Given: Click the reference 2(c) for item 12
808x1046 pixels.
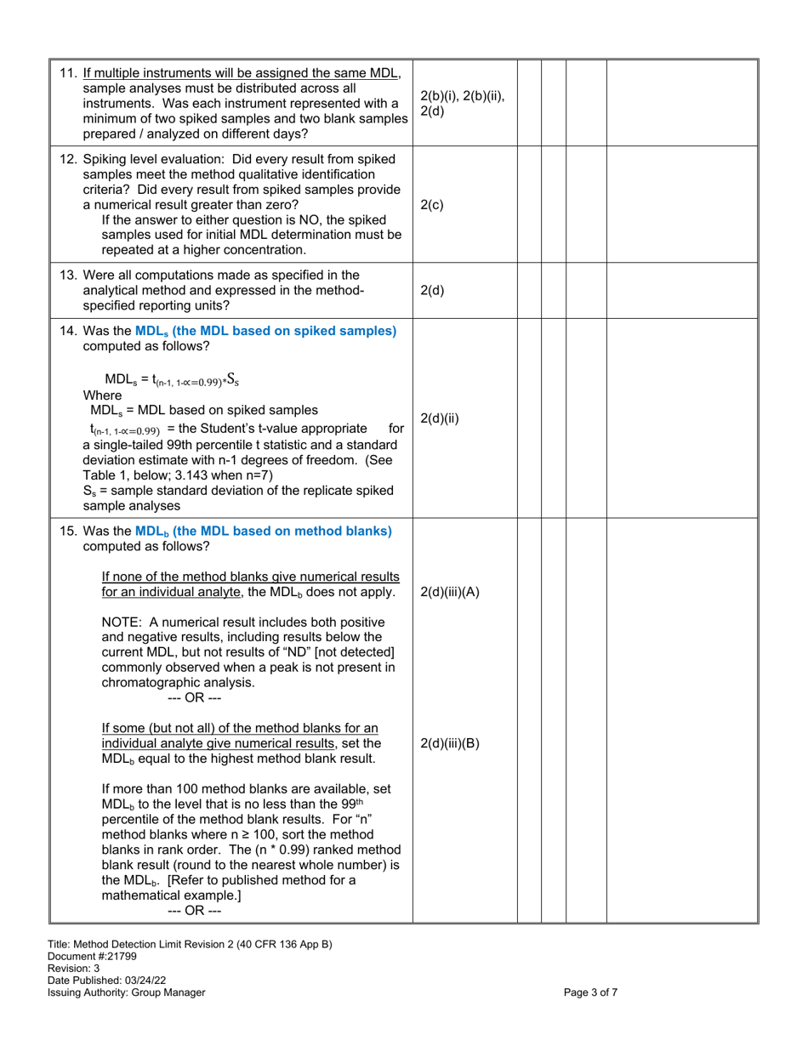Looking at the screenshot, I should click(x=432, y=205).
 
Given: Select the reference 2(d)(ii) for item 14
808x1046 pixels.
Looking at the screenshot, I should click(x=440, y=418).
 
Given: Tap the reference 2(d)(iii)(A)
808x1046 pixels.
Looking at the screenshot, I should click(x=450, y=593).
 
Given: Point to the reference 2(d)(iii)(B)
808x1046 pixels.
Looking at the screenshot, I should click(x=450, y=743).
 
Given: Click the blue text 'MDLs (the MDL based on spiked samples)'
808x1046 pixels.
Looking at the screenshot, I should click(x=265, y=331).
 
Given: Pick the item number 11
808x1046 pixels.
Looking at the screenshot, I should click(x=69, y=73).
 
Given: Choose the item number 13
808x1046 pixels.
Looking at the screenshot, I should click(x=69, y=275).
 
